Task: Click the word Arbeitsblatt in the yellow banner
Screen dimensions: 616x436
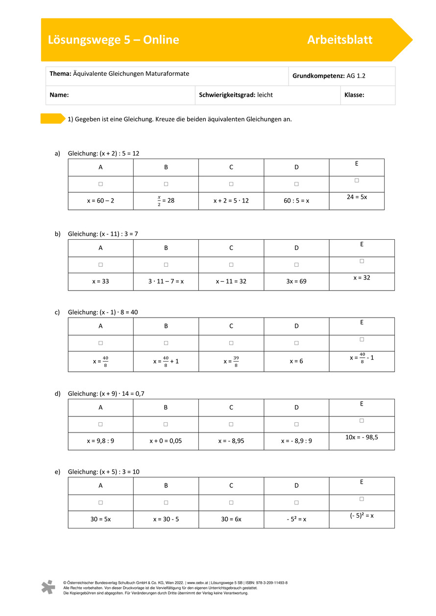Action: [339, 40]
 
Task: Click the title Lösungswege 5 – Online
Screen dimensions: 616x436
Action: [113, 40]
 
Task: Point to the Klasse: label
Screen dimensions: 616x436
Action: [354, 95]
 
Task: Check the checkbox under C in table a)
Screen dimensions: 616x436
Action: [231, 184]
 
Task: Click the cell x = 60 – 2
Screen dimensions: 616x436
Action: [100, 201]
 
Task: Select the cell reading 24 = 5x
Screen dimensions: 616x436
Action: [357, 197]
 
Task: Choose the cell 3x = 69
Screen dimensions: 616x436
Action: [296, 281]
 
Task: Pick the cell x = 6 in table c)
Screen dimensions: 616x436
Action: [296, 361]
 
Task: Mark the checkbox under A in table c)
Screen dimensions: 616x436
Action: [100, 343]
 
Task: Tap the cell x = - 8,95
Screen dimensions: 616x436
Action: [231, 441]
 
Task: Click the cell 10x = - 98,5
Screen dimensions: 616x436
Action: [362, 437]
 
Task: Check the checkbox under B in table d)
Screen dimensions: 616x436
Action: [166, 424]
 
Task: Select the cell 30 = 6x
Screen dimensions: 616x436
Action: [231, 519]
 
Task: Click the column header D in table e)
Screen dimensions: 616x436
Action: [296, 486]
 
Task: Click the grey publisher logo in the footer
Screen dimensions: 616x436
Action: [48, 587]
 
